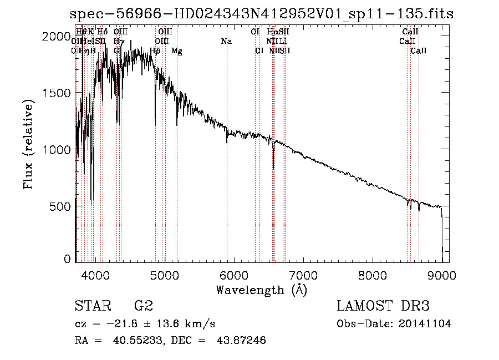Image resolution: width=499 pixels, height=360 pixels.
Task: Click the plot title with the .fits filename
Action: pyautogui.click(x=262, y=14)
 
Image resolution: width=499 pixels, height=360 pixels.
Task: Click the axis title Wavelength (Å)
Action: pyautogui.click(x=261, y=290)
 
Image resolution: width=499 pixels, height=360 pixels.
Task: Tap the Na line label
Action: pyautogui.click(x=226, y=41)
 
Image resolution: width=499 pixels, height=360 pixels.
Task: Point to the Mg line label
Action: pyautogui.click(x=177, y=51)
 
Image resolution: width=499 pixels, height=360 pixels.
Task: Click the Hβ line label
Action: pyautogui.click(x=155, y=51)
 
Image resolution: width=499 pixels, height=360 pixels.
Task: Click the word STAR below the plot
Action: pyautogui.click(x=93, y=306)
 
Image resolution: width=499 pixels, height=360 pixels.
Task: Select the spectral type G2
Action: pyautogui.click(x=144, y=306)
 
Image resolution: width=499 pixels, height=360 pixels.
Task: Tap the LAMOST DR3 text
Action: pyautogui.click(x=383, y=306)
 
